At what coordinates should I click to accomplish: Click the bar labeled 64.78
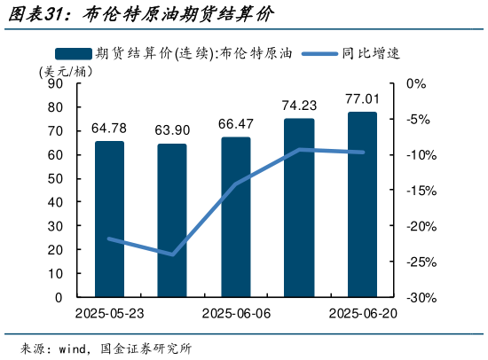pos(109,219)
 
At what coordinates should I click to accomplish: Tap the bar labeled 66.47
pos(235,217)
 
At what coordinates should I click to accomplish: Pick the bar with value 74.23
pos(299,207)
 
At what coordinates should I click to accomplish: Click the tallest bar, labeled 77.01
pos(362,205)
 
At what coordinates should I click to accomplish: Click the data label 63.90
pos(172,130)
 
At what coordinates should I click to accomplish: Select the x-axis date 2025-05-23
pos(109,314)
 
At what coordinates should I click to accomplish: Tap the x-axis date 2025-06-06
pos(236,314)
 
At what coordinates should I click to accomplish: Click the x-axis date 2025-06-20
pos(363,314)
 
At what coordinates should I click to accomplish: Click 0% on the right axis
pos(416,83)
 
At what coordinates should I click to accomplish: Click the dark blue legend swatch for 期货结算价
pos(72,52)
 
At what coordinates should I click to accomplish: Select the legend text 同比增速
pos(372,52)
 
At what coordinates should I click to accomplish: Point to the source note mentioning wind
pos(106,346)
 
